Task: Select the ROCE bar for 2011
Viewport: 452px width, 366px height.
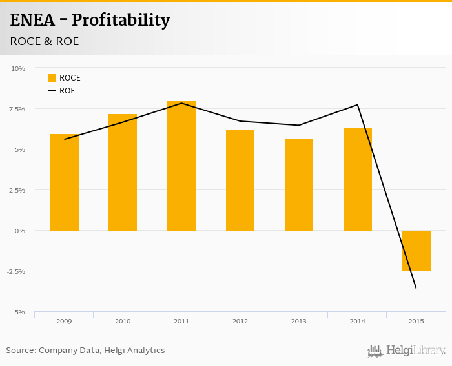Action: click(x=181, y=166)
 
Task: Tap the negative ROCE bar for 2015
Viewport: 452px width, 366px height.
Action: click(x=416, y=251)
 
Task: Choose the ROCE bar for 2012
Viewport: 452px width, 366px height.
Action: click(x=240, y=180)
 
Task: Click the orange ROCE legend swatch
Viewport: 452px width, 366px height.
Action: click(x=52, y=78)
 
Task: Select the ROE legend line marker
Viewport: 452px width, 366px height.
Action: click(x=52, y=91)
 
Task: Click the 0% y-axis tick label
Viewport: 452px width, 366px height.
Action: click(x=20, y=231)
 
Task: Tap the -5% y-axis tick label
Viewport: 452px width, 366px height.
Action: click(x=18, y=312)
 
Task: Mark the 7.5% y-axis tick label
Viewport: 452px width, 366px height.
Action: click(x=17, y=109)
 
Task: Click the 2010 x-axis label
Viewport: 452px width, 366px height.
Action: click(x=123, y=321)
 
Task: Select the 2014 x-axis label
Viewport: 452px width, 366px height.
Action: click(x=357, y=321)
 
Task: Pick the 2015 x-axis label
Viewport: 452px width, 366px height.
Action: click(x=416, y=321)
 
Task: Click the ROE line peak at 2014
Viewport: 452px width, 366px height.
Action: click(x=358, y=105)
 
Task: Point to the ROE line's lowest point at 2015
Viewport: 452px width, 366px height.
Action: click(x=416, y=288)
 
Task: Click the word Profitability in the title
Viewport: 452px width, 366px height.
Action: click(x=121, y=21)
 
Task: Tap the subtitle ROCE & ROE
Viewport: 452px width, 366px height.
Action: click(x=45, y=41)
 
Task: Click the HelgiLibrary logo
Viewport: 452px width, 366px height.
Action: click(x=407, y=351)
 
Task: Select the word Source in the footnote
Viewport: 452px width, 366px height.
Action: click(x=20, y=351)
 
